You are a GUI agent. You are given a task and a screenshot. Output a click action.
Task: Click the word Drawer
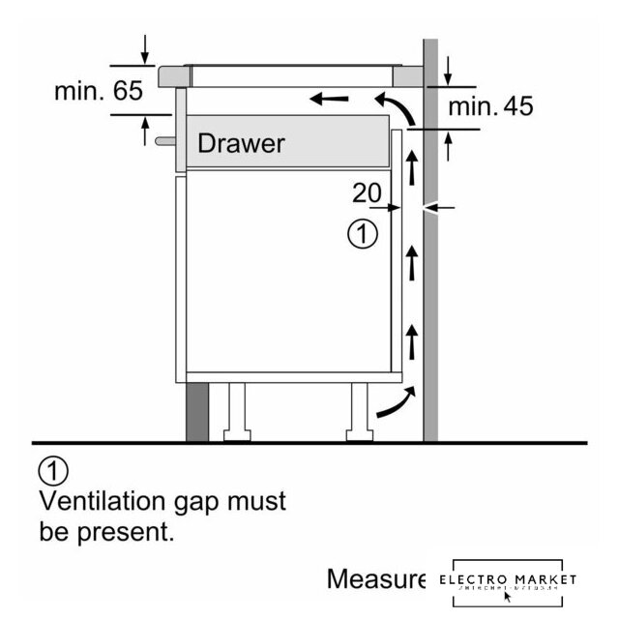pyautogui.click(x=241, y=144)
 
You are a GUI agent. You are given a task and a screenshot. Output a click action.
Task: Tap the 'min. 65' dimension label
pyautogui.click(x=98, y=92)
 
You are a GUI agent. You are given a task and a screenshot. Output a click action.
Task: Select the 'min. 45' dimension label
pyautogui.click(x=490, y=106)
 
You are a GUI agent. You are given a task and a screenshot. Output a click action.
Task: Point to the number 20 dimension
pyautogui.click(x=367, y=193)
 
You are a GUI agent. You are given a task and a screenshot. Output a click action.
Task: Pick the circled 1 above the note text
pyautogui.click(x=54, y=472)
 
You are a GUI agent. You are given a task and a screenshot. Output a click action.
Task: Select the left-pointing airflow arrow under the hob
pyautogui.click(x=329, y=98)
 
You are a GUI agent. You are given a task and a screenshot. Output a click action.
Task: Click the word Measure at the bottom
pyautogui.click(x=376, y=579)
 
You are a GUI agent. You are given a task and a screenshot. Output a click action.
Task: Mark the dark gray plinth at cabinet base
pyautogui.click(x=196, y=411)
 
